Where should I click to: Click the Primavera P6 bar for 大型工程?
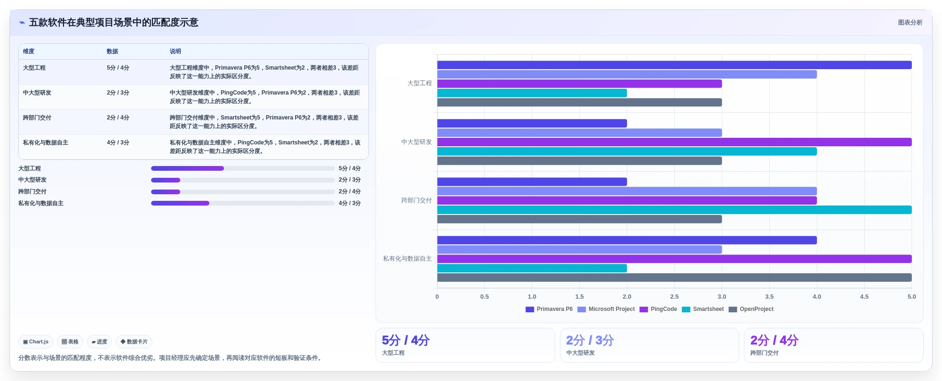[674, 65]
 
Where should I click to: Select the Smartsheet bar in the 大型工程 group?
[532, 93]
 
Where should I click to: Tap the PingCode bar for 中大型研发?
[674, 142]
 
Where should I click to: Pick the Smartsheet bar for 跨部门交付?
[674, 210]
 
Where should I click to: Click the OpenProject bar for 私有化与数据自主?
[674, 278]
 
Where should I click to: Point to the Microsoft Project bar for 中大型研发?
[580, 133]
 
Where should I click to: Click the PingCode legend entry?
[658, 309]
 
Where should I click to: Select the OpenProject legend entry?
[751, 309]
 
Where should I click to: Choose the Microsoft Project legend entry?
[606, 309]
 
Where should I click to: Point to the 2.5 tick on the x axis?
[674, 297]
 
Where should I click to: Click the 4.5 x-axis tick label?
[864, 297]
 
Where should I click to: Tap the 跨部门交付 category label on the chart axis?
[416, 200]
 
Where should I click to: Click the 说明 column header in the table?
[176, 51]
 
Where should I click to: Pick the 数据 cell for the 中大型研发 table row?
[118, 93]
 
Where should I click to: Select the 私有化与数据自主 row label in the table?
[46, 143]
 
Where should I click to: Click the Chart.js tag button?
[36, 342]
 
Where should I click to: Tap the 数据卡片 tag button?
[134, 342]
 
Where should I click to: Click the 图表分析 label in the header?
[910, 23]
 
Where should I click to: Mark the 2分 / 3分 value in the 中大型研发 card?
[590, 341]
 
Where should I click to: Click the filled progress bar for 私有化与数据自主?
[180, 203]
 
